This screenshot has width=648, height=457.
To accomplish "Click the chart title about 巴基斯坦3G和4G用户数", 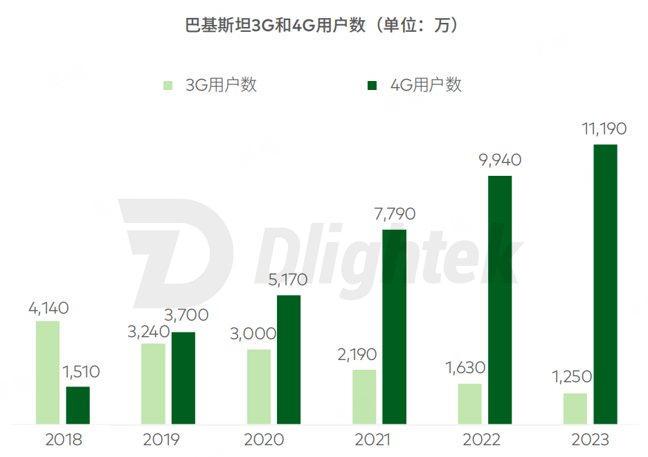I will (x=323, y=26).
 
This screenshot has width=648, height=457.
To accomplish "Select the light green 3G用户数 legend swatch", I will (x=168, y=85).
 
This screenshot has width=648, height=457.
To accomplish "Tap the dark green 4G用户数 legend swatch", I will (x=372, y=85).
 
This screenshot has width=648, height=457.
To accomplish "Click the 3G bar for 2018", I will (x=48, y=372).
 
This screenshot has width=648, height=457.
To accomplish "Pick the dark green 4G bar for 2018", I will (x=78, y=404).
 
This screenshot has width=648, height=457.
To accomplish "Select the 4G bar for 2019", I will (x=183, y=377).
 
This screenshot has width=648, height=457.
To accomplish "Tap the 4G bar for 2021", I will (x=395, y=326).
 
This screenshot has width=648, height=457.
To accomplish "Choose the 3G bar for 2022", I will (x=470, y=403).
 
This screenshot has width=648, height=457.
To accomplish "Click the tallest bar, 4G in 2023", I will (x=605, y=284).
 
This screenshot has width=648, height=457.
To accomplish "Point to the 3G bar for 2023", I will (x=575, y=408).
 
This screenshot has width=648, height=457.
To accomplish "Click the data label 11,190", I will (x=604, y=129).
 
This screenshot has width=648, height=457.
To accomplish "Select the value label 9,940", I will (x=499, y=161).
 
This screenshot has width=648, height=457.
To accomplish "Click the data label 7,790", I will (x=394, y=215).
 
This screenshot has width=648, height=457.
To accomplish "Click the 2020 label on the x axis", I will (x=264, y=440).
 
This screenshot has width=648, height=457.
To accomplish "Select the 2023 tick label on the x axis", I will (x=591, y=440).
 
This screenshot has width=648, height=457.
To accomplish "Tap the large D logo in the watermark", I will (x=177, y=253).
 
